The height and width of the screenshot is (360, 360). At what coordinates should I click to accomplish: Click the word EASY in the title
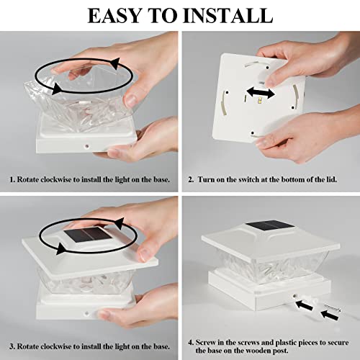114,16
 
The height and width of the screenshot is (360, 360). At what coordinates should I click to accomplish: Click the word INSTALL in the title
228,16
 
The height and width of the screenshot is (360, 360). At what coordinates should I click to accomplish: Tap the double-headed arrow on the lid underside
261,93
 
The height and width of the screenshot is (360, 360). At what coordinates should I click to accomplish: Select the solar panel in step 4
270,225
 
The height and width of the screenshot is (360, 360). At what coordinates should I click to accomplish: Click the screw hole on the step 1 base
86,145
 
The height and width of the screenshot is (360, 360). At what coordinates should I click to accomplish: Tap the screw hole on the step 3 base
86,313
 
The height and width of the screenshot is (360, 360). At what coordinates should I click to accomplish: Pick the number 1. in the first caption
12,179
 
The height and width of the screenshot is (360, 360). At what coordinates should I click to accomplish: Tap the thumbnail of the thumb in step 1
131,100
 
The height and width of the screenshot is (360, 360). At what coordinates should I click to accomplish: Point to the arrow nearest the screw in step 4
330,315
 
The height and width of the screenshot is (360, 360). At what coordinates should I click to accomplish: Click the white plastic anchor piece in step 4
310,300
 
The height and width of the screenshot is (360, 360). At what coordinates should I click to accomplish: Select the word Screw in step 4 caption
204,342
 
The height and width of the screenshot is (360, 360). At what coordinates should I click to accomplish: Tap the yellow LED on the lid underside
259,101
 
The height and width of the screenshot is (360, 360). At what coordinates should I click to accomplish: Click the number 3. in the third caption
12,347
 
